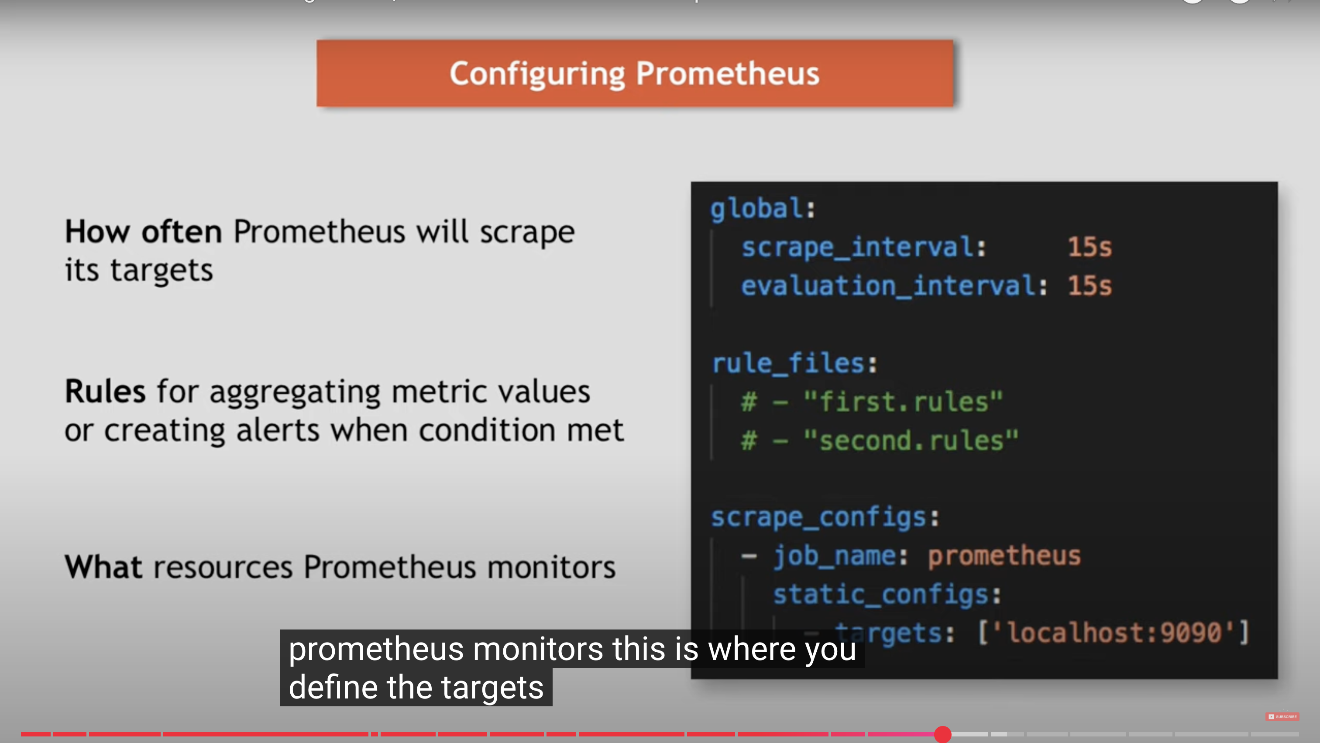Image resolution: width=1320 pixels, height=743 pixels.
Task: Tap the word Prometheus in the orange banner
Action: (728, 74)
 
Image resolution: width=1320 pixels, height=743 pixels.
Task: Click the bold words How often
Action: (143, 232)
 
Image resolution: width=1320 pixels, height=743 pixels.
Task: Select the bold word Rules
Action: (105, 392)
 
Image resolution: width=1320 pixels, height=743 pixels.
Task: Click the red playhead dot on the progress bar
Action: (942, 734)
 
